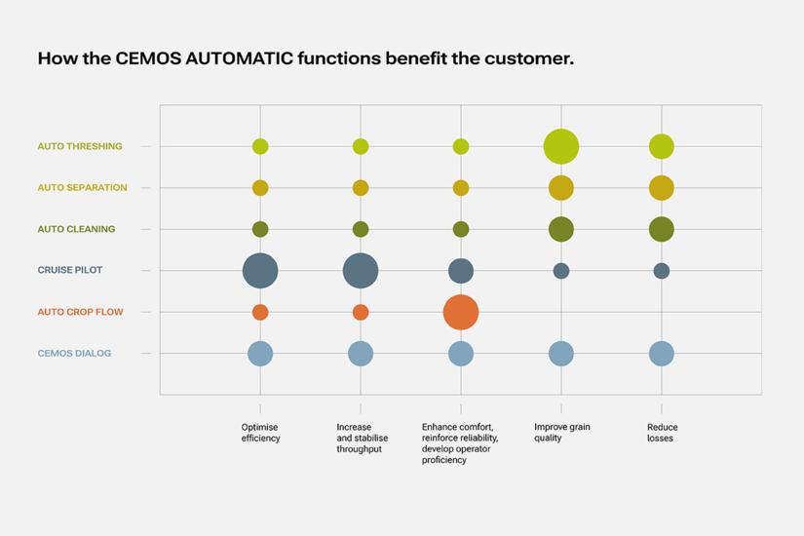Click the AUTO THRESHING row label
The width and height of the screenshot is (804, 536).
80,146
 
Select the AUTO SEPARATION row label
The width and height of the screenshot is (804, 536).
82,187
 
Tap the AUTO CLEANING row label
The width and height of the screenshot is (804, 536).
76,229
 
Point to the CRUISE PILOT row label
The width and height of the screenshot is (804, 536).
70,270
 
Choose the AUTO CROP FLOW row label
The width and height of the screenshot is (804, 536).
80,312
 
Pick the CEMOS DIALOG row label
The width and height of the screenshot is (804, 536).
74,353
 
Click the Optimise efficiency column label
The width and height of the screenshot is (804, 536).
260,433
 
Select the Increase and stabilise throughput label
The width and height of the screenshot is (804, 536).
362,439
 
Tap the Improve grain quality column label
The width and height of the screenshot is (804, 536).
561,433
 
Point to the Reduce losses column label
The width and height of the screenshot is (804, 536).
662,433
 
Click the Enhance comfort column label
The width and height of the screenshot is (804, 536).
459,443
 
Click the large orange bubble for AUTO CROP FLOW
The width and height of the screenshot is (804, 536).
461,312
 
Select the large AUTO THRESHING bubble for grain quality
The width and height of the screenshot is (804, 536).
561,146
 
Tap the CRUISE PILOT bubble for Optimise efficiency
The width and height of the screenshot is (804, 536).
260,270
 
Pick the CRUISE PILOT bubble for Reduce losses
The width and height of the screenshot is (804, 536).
662,271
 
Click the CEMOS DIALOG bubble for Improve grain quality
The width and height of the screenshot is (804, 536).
561,353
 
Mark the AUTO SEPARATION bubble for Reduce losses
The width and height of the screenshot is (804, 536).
662,187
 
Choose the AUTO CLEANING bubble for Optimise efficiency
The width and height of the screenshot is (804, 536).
260,229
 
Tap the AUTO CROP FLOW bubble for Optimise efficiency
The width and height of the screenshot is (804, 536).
260,312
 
